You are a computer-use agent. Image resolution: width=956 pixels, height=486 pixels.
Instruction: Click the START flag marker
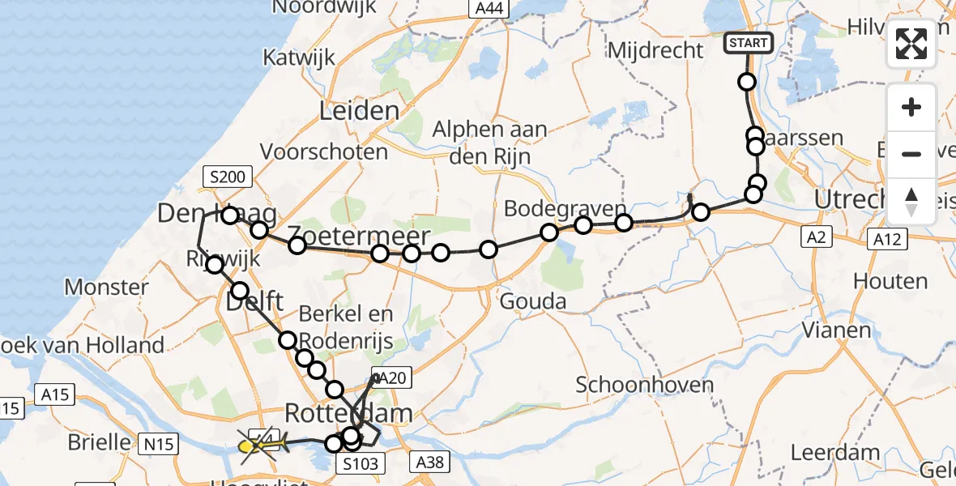pyautogui.click(x=747, y=43)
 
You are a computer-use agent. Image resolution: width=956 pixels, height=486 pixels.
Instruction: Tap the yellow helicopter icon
pyautogui.click(x=261, y=444)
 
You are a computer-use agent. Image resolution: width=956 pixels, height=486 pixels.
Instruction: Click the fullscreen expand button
pyautogui.click(x=911, y=44)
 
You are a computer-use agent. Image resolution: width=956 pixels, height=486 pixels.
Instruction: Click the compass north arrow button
pyautogui.click(x=911, y=202)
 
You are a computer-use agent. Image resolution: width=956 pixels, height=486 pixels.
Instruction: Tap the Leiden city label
pyautogui.click(x=359, y=111)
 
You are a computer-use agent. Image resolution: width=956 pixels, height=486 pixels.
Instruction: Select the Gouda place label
pyautogui.click(x=532, y=302)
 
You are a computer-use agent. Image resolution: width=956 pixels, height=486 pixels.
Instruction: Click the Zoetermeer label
pyautogui.click(x=358, y=237)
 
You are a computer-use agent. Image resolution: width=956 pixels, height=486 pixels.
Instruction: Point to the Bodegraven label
pyautogui.click(x=565, y=208)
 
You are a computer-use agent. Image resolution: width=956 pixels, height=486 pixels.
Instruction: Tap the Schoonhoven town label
pyautogui.click(x=645, y=385)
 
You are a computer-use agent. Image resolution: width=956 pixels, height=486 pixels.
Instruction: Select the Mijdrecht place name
pyautogui.click(x=655, y=50)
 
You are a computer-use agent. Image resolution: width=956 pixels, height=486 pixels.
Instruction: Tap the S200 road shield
pyautogui.click(x=229, y=177)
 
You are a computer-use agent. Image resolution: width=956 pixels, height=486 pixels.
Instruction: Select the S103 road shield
pyautogui.click(x=357, y=463)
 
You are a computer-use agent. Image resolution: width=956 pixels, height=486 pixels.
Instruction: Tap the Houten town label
pyautogui.click(x=890, y=282)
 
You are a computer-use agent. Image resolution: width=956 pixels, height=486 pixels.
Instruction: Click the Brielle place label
pyautogui.click(x=100, y=441)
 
